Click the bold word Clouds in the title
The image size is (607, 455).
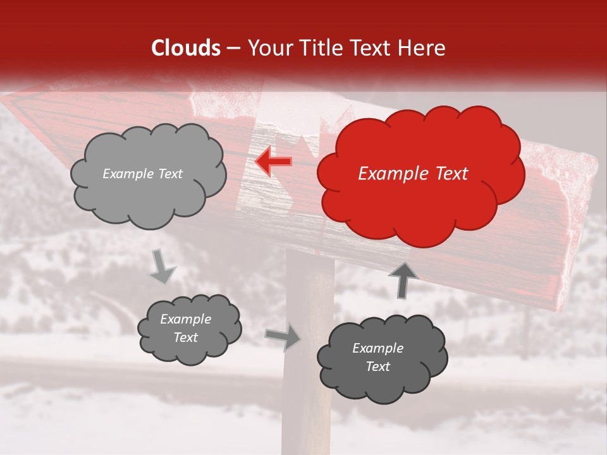click(186, 48)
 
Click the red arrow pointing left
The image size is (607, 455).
click(274, 162)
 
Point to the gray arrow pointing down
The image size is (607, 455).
click(162, 266)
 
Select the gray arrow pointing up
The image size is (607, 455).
click(403, 279)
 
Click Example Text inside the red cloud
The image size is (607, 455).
click(413, 174)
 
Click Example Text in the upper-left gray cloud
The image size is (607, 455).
click(142, 174)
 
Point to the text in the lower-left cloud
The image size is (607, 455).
click(185, 329)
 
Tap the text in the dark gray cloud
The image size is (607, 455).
click(377, 357)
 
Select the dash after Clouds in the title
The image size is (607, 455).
click(233, 48)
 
